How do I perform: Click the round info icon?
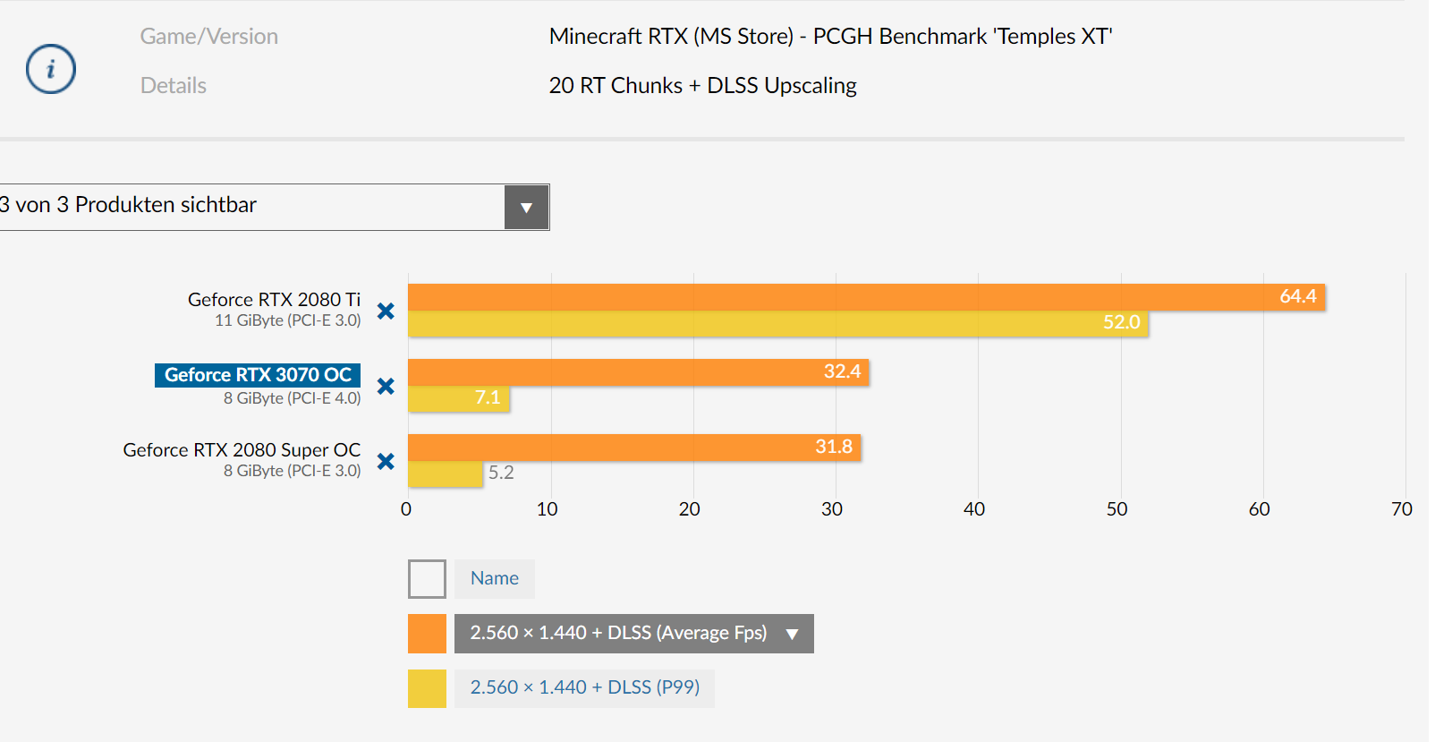[51, 69]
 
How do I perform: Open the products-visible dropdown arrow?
[526, 208]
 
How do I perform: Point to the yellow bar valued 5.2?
[445, 473]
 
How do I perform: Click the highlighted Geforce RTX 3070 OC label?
[258, 375]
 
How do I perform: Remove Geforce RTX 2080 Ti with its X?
[386, 311]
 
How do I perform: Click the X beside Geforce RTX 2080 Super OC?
[386, 461]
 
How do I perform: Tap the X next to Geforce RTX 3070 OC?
[386, 386]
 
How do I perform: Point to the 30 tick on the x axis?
[832, 509]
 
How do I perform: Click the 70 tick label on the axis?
[1401, 509]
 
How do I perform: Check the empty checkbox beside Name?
[427, 579]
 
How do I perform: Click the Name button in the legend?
[494, 579]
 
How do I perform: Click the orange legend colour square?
[427, 634]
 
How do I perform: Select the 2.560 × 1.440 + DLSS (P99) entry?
[584, 688]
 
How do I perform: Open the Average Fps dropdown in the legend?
[792, 634]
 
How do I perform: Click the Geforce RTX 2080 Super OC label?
[242, 450]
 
